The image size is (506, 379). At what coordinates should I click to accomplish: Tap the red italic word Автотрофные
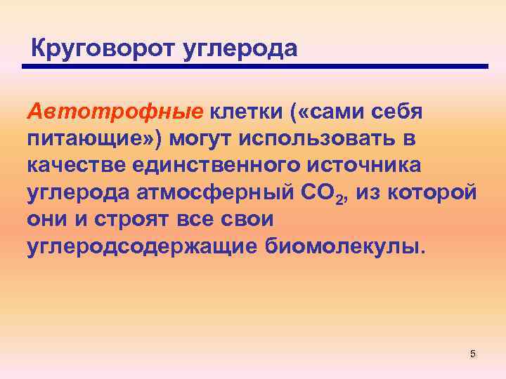coord(115,111)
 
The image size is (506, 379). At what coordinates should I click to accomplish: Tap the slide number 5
coord(473,354)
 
